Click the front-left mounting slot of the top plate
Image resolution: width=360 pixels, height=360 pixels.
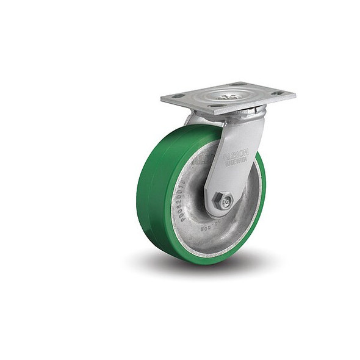178,96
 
